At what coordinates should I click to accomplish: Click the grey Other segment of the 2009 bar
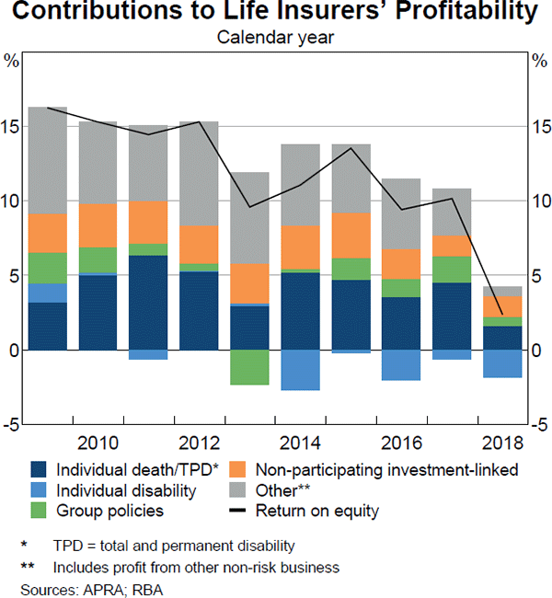click(x=47, y=160)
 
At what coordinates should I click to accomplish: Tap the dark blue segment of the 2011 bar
click(x=148, y=302)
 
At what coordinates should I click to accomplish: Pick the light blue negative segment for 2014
click(x=300, y=370)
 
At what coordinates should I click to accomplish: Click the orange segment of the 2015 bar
click(x=351, y=236)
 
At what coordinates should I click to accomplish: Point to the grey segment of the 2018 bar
click(x=502, y=291)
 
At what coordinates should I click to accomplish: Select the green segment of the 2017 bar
click(x=452, y=269)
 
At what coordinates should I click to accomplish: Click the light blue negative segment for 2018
click(x=502, y=363)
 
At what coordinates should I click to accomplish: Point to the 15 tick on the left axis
click(x=11, y=127)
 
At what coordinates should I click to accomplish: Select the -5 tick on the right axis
click(x=540, y=425)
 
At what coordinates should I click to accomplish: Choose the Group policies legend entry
click(x=109, y=511)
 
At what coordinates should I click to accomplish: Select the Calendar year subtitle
click(x=275, y=38)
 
